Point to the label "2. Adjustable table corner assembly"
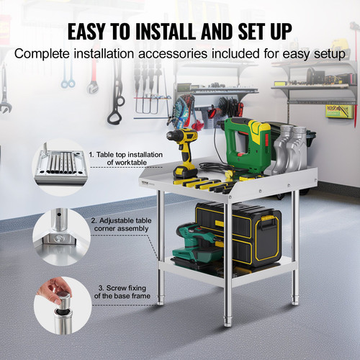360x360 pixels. pos(120,225)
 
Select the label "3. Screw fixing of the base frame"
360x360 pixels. pos(120,292)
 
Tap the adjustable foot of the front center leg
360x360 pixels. pos(228,317)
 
